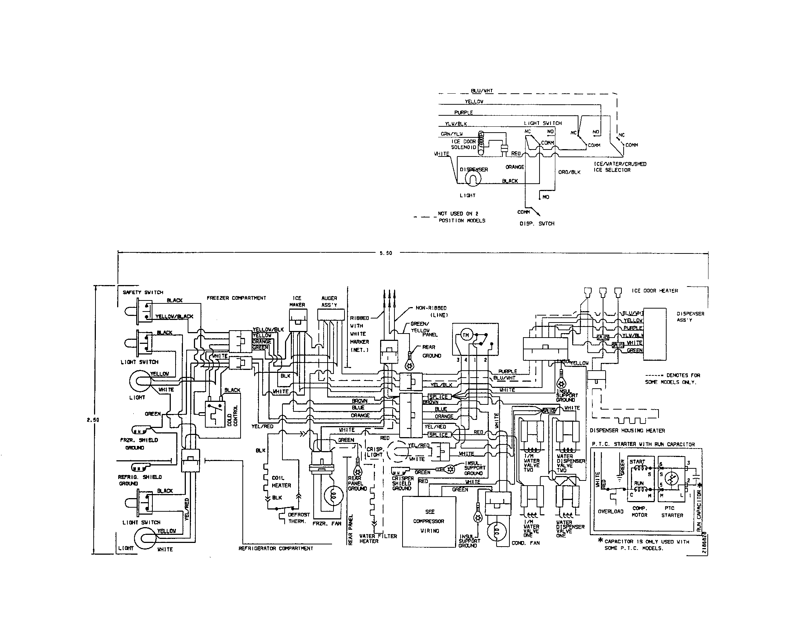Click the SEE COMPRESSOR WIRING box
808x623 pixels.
(x=429, y=521)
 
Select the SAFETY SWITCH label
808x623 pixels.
(x=143, y=292)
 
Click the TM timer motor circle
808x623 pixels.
(x=466, y=335)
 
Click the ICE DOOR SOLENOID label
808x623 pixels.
(x=463, y=144)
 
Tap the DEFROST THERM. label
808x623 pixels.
(x=299, y=518)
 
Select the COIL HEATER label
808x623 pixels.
(x=281, y=482)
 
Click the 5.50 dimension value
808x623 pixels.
(x=386, y=253)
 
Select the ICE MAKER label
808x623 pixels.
(x=297, y=302)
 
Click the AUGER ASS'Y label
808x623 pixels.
(x=329, y=302)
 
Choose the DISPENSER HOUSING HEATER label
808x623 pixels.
(x=627, y=431)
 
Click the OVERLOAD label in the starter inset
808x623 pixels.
(x=610, y=512)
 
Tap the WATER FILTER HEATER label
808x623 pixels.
(x=378, y=539)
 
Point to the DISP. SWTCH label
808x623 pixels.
(x=537, y=223)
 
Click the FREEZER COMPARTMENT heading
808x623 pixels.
(x=236, y=298)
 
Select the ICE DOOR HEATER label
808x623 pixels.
(x=654, y=291)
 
